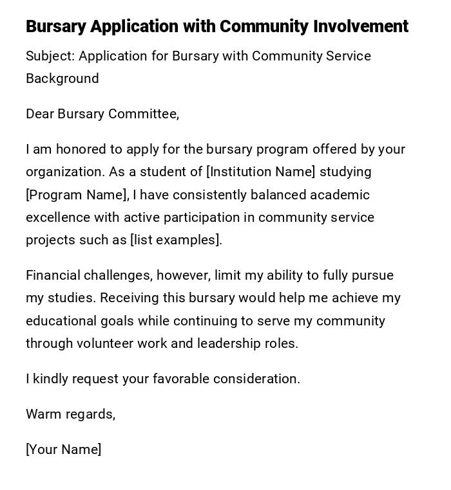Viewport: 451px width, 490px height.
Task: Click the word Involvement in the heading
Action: (361, 26)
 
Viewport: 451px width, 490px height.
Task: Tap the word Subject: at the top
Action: (50, 56)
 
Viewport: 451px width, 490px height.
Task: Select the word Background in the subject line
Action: (62, 78)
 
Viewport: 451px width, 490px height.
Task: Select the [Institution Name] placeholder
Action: (261, 172)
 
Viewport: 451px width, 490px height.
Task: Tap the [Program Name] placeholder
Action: (76, 195)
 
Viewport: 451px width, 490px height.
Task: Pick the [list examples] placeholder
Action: (175, 240)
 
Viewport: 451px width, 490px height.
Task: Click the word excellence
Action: (58, 217)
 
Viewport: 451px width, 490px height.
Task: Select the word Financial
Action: (53, 275)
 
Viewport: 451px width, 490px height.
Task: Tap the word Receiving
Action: (130, 298)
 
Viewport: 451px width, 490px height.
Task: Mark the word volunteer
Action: (105, 343)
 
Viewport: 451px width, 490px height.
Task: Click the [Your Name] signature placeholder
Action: (64, 449)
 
